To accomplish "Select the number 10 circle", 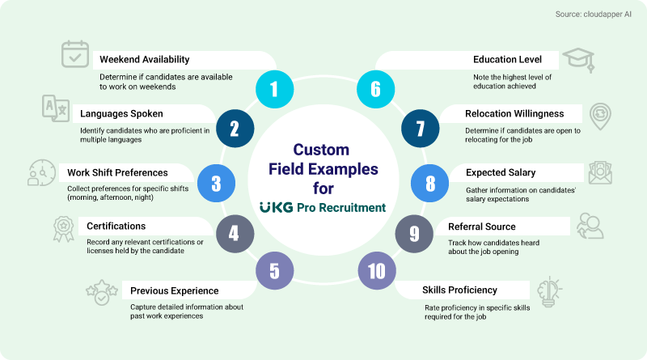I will pos(376,272).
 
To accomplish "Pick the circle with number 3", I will pos(216,183).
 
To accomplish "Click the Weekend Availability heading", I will pos(144,59).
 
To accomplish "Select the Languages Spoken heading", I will pos(121,113).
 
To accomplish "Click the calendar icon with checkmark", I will pos(76,55).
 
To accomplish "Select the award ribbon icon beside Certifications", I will pos(64,229).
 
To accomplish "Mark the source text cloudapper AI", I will pos(594,14).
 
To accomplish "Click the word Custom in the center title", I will pos(321,150).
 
